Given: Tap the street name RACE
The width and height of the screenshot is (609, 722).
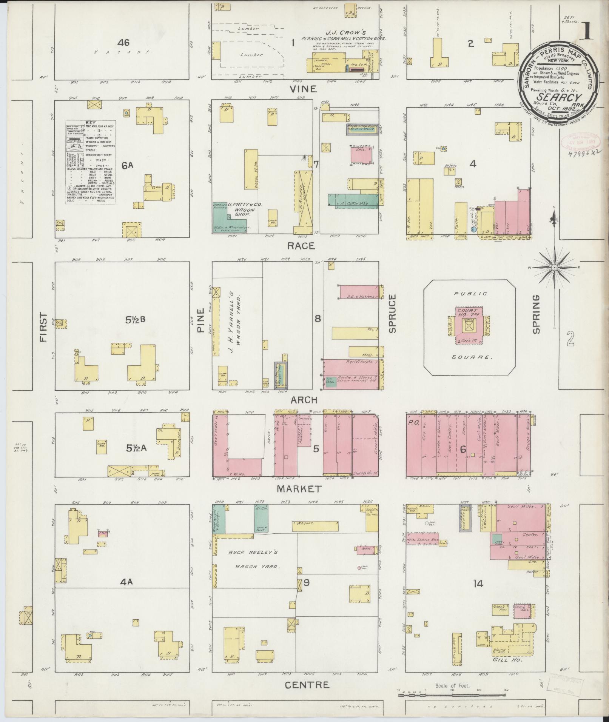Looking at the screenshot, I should click(x=301, y=246).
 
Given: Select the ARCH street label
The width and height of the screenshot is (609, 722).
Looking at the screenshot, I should click(x=304, y=400).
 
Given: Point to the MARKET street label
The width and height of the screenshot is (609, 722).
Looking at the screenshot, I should click(x=299, y=489).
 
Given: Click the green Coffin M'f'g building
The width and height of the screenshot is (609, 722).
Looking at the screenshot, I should click(x=353, y=200).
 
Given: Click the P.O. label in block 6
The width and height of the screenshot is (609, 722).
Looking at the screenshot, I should click(x=412, y=423).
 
